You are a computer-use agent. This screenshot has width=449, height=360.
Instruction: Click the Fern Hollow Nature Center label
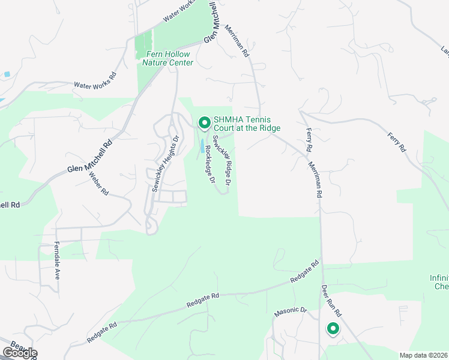(x=169, y=58)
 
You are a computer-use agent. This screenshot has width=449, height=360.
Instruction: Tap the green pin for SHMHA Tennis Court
(x=204, y=123)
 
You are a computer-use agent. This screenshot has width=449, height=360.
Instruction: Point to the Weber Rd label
(x=98, y=184)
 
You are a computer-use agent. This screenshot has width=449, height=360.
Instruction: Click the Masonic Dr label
(x=291, y=311)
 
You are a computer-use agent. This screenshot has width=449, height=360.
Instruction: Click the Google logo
(x=19, y=353)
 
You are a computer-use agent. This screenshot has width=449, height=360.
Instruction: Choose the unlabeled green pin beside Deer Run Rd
(x=333, y=329)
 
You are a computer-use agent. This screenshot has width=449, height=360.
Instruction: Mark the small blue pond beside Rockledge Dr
(x=202, y=145)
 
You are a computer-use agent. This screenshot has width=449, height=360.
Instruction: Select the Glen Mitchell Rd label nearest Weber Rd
(x=90, y=157)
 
